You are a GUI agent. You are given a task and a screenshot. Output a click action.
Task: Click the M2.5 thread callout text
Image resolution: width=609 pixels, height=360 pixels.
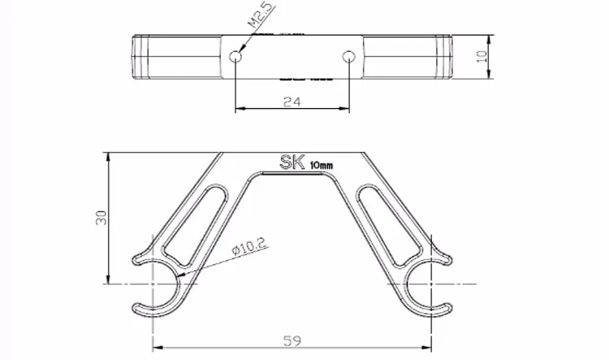pyautogui.click(x=262, y=16)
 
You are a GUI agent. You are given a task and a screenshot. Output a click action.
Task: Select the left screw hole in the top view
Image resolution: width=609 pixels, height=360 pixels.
pyautogui.click(x=235, y=57)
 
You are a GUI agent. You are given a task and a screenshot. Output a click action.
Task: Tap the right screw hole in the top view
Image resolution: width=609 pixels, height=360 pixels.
pyautogui.click(x=349, y=57)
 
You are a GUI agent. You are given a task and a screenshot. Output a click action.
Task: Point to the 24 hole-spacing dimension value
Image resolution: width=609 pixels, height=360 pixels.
pyautogui.click(x=292, y=102)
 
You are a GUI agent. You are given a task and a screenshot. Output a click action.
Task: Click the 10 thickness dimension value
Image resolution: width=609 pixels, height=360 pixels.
pyautogui.click(x=482, y=56)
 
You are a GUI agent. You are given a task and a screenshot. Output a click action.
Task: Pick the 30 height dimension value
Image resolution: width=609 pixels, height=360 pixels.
pyautogui.click(x=101, y=218)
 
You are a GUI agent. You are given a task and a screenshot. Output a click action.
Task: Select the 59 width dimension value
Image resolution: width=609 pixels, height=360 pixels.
pyautogui.click(x=292, y=340)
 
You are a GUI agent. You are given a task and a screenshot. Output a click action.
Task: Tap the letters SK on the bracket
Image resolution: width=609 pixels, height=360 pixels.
pyautogui.click(x=292, y=162)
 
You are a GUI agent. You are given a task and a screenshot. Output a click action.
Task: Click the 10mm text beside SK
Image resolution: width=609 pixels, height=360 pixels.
pyautogui.click(x=322, y=166)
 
